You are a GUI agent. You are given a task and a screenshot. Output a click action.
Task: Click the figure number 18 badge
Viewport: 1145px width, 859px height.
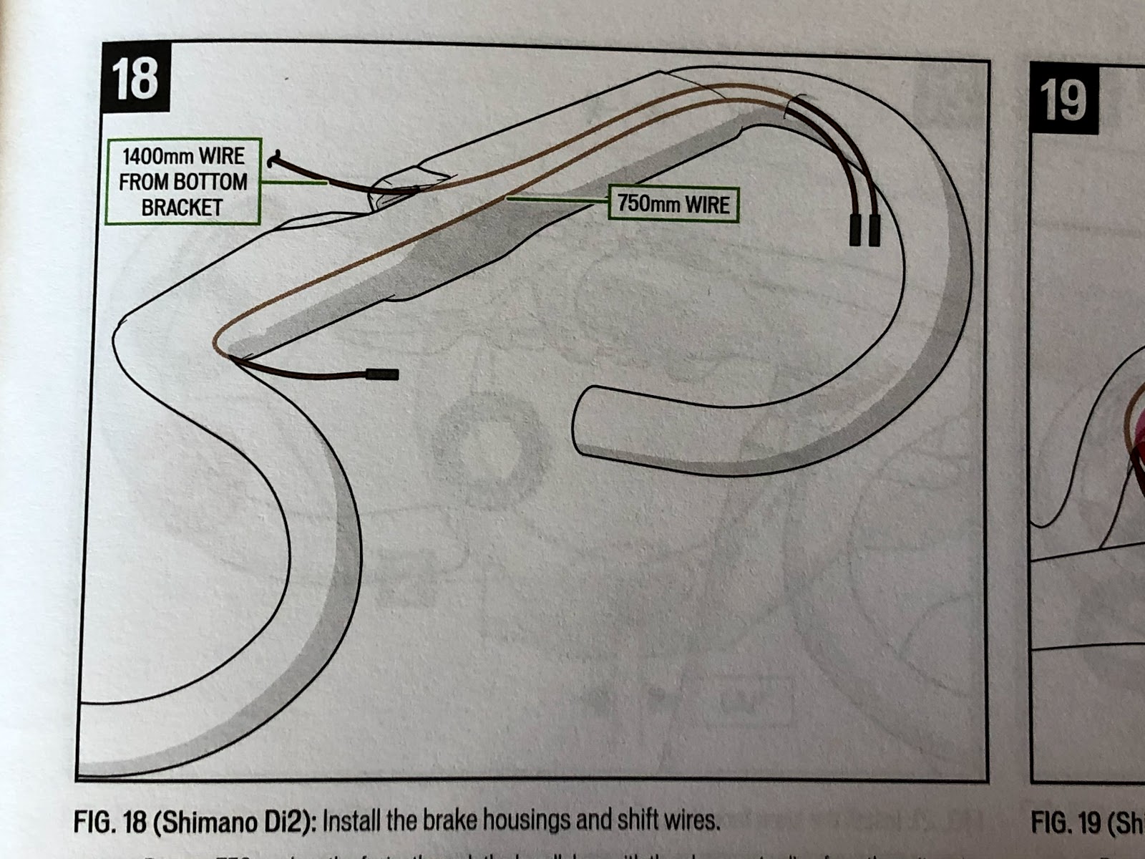(x=135, y=78)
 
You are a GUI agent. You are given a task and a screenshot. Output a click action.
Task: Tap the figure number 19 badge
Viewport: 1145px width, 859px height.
(x=1063, y=100)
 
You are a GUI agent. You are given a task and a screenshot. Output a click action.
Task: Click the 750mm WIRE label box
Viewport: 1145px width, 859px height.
(x=673, y=204)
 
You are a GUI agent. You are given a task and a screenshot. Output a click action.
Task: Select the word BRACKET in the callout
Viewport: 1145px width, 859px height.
(x=182, y=208)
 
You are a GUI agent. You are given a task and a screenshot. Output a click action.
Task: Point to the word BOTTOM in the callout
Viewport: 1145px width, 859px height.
(x=211, y=183)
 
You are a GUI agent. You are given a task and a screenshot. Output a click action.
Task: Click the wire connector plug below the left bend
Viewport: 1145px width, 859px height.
(x=382, y=374)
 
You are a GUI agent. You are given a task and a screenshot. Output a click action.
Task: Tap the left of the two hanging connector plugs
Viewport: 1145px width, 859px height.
(x=855, y=229)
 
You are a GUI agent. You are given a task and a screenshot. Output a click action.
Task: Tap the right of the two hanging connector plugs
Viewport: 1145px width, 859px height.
(x=874, y=230)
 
